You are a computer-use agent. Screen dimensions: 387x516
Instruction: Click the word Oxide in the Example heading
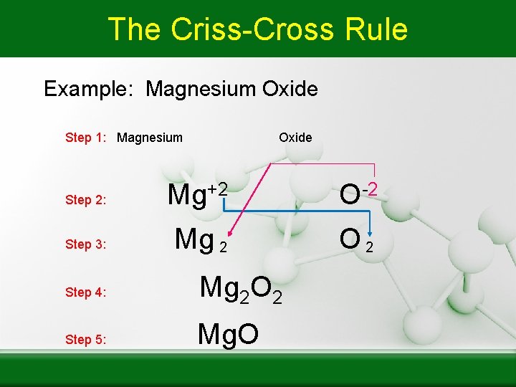pyautogui.click(x=290, y=90)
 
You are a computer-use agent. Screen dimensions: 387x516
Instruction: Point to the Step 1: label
pyautogui.click(x=87, y=138)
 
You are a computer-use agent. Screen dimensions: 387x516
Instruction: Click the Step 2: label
pyautogui.click(x=86, y=200)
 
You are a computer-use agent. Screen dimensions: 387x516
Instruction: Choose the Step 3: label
pyautogui.click(x=86, y=244)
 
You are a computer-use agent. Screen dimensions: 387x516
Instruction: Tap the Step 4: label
pyautogui.click(x=86, y=292)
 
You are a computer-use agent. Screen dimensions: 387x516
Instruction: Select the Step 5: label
pyautogui.click(x=86, y=340)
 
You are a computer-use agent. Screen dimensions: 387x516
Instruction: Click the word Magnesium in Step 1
pyautogui.click(x=150, y=138)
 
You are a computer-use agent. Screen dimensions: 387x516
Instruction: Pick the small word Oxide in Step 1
pyautogui.click(x=295, y=138)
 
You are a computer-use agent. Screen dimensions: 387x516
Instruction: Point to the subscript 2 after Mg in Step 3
pyautogui.click(x=223, y=247)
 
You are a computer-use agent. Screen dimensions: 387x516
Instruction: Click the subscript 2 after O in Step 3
pyautogui.click(x=370, y=247)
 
